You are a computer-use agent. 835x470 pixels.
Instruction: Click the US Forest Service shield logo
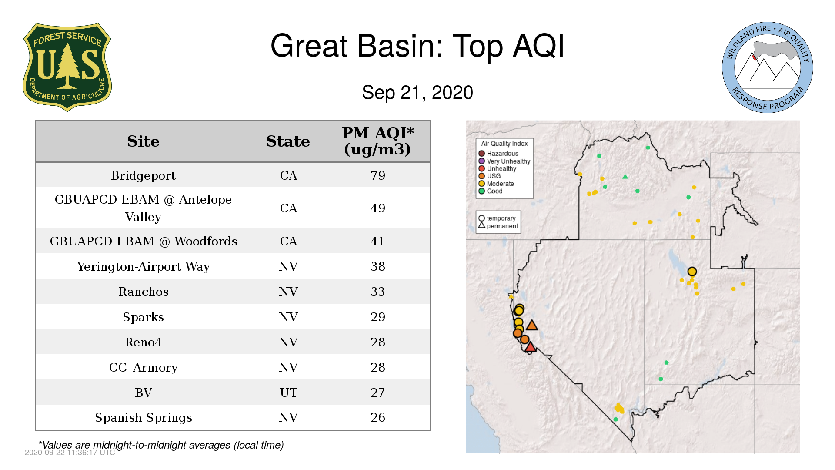tap(67, 67)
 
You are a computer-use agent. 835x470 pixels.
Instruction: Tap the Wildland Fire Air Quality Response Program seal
tap(767, 67)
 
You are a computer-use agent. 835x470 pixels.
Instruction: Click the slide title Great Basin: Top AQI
tap(417, 46)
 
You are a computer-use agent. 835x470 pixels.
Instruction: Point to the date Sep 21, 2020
tap(417, 93)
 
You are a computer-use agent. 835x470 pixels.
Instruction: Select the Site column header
tap(143, 141)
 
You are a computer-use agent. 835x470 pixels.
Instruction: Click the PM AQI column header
tap(377, 141)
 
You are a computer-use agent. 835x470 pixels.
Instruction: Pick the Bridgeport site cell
tap(143, 175)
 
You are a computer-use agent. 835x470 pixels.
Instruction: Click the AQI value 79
tap(378, 175)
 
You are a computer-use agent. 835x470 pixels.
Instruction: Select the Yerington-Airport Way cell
tap(143, 266)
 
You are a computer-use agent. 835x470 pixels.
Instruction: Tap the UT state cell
tap(288, 393)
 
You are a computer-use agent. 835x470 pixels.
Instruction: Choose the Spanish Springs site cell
tap(143, 418)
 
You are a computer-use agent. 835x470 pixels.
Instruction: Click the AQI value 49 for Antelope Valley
tap(378, 208)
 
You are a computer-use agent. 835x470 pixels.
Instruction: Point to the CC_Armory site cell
tap(143, 368)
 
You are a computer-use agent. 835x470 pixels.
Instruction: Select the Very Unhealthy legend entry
tap(504, 161)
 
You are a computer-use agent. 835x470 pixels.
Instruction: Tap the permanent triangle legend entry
tap(498, 226)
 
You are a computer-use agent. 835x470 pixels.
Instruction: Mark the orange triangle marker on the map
tap(532, 325)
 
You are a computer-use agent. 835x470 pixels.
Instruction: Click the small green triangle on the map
tap(625, 177)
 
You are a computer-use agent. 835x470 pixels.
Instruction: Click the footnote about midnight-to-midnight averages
tap(161, 445)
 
